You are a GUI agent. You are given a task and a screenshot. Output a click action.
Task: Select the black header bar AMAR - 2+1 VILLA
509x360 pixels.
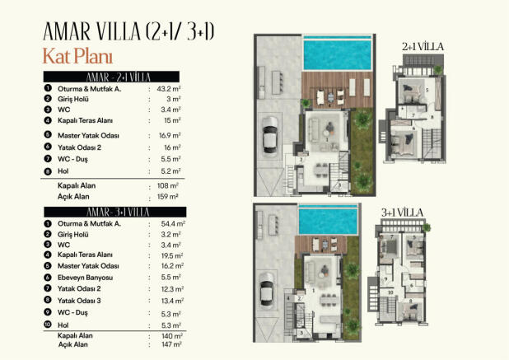(x=114, y=77)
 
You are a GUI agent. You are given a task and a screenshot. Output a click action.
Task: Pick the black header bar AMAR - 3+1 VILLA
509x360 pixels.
(x=114, y=213)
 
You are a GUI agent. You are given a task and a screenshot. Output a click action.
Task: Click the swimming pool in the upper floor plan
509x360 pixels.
(x=338, y=53)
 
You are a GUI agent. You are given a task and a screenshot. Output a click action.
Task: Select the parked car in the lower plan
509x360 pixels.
(x=268, y=293)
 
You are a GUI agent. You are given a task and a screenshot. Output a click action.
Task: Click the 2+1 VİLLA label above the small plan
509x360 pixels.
(x=423, y=47)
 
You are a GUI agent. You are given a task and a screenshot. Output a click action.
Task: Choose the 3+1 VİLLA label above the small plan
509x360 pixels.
(x=403, y=212)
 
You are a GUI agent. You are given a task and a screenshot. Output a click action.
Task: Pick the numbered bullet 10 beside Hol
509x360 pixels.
(x=49, y=325)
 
